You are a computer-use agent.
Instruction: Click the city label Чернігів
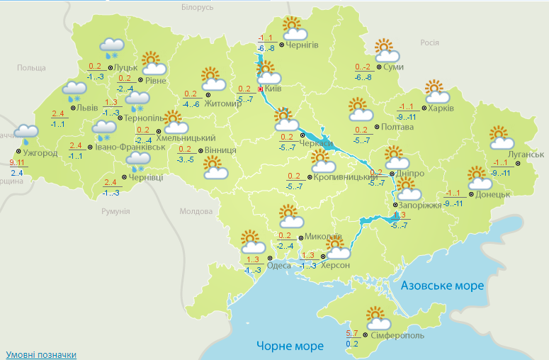(302, 45)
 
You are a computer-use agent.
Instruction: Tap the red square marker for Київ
(261, 90)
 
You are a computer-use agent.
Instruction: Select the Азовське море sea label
(443, 286)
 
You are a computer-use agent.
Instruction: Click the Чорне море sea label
(290, 346)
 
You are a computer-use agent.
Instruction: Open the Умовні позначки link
(41, 354)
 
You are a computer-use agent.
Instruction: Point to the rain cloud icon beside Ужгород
(27, 134)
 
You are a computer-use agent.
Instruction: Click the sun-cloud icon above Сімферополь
(375, 317)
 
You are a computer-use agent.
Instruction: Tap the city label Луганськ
(526, 154)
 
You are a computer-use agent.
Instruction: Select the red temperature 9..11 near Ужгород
(18, 163)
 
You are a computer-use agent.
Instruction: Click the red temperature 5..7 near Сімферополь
(352, 333)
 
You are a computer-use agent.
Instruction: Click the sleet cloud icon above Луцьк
(112, 48)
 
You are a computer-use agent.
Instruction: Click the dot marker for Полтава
(376, 127)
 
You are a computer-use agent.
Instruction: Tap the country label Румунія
(115, 211)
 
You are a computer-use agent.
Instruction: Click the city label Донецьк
(493, 193)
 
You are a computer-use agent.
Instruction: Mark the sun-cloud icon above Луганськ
(500, 137)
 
